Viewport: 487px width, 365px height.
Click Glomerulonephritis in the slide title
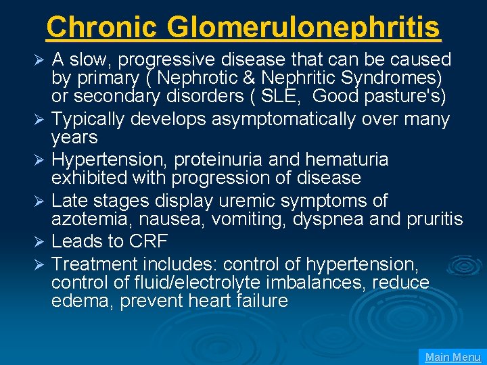point(304,27)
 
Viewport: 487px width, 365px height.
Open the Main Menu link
point(453,357)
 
